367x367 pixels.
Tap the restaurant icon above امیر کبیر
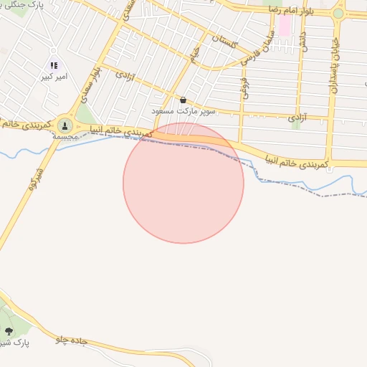pyautogui.click(x=54, y=65)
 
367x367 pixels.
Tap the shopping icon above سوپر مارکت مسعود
pyautogui.click(x=183, y=100)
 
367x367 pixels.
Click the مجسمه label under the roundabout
pyautogui.click(x=65, y=136)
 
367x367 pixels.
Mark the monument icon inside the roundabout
pyautogui.click(x=65, y=125)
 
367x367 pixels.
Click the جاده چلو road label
pyautogui.click(x=72, y=340)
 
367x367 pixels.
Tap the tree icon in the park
pyautogui.click(x=9, y=330)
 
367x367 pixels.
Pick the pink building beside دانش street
pyautogui.click(x=285, y=26)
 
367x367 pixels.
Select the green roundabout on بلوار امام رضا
pyautogui.click(x=338, y=13)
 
